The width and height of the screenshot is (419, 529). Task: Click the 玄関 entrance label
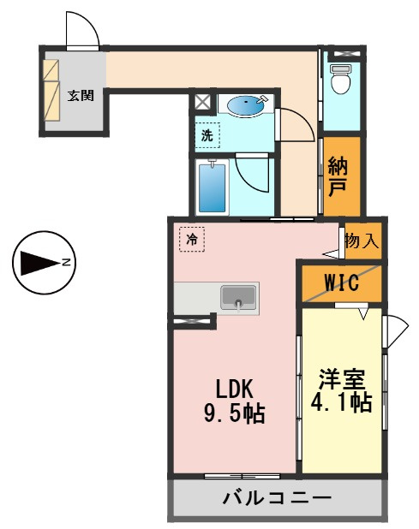pos(81,96)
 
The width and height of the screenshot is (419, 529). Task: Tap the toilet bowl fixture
pos(339,79)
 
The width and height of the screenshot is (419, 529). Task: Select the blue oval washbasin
pos(245,106)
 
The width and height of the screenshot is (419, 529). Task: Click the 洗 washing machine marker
pos(207,135)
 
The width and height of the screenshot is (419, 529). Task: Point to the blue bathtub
pos(212,188)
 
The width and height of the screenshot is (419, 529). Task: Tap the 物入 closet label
pos(362,241)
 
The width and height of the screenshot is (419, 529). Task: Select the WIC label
pos(341,282)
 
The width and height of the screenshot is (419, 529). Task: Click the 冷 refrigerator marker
pos(192,239)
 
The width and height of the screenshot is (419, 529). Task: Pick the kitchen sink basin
pos(238,297)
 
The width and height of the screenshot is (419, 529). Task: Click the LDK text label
pos(234,389)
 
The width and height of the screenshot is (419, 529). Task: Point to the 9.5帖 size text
pos(234,413)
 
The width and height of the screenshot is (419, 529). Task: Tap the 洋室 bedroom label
pos(342,379)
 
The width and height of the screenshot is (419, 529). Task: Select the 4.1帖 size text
pos(341,402)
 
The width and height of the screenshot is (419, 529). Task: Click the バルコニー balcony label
pos(277,498)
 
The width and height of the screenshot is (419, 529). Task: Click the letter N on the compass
pos(66,262)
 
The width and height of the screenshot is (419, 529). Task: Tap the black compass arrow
pos(40,263)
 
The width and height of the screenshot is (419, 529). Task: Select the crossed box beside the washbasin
pos(202,101)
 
